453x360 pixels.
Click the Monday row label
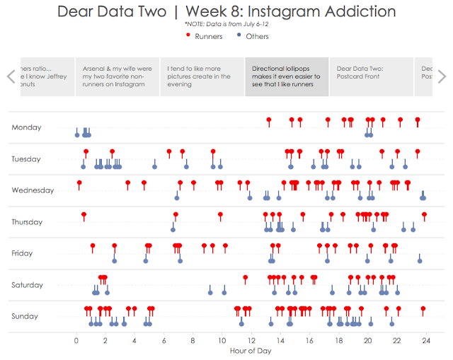coord(26,127)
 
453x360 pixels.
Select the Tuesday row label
coord(26,159)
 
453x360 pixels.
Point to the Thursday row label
coord(28,222)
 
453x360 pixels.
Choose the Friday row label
coord(23,253)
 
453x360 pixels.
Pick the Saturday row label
coord(28,285)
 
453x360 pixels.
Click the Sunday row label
coord(25,316)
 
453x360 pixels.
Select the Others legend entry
coord(256,36)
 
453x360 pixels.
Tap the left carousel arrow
coord(11,76)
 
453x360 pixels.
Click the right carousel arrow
coord(442,76)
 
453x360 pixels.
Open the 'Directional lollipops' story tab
coord(286,76)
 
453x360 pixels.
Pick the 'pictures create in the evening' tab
coord(202,76)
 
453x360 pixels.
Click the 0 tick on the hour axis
coord(76,340)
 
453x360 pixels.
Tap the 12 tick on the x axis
coord(251,340)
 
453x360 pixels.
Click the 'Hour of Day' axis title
coord(251,351)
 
